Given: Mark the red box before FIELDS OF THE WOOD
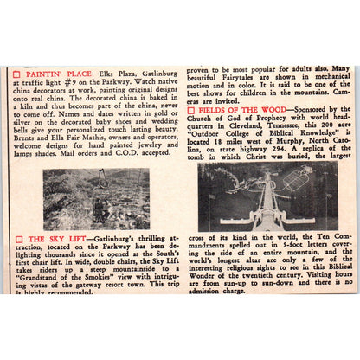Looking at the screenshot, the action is coord(191,111).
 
